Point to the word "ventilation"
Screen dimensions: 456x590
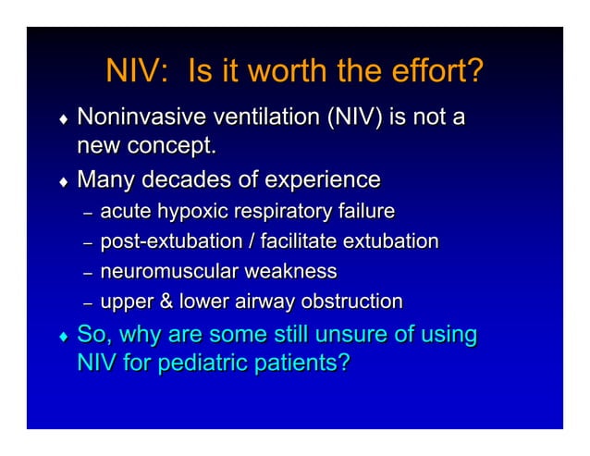tap(264, 118)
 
